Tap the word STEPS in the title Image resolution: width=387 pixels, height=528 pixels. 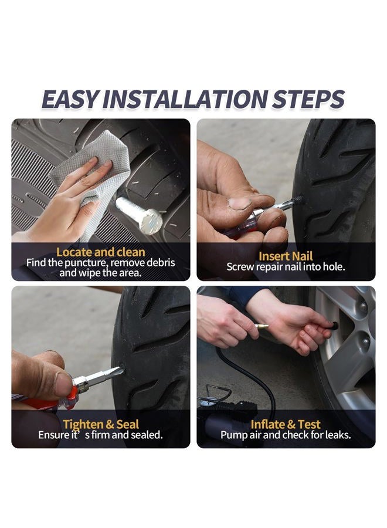coord(308,99)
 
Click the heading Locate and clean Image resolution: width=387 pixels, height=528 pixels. coord(101,252)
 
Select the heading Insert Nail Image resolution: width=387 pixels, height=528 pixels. coord(286,256)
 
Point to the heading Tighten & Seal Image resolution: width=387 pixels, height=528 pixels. coord(101,424)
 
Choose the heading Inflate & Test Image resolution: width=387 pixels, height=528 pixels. coord(286,424)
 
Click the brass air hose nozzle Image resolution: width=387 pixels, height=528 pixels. coord(261,326)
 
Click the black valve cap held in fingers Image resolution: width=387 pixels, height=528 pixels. coord(334,326)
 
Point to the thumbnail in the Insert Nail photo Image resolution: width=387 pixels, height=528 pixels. coord(239,203)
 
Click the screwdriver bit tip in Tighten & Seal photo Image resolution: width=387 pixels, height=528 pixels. coord(118,371)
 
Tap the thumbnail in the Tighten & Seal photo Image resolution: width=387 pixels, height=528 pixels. coord(64,384)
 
